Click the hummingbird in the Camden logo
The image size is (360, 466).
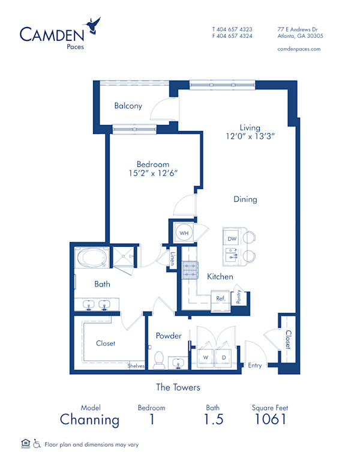92,26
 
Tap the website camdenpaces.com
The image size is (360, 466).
299,49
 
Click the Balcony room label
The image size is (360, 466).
128,106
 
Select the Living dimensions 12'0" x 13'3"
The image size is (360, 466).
250,136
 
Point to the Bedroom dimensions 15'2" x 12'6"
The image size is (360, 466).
153,173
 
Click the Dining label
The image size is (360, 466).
245,199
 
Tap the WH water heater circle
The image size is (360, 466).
184,233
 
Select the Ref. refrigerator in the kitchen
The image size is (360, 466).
221,300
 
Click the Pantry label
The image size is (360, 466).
239,297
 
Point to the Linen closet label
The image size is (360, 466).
172,259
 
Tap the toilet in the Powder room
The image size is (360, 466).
159,360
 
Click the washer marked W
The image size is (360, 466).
206,357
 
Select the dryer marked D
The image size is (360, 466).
224,357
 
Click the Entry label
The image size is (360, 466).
255,365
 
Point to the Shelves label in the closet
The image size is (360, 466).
136,366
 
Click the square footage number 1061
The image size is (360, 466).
270,419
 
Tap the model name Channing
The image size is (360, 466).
89,420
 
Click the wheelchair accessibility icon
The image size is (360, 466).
37,443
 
